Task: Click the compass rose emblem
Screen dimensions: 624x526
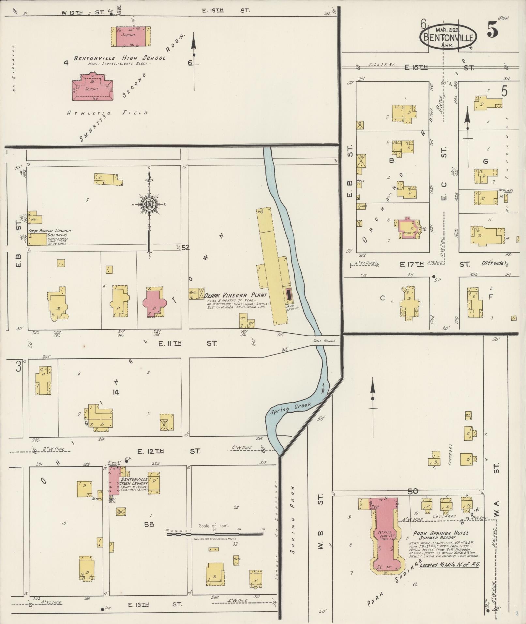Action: [x=149, y=205]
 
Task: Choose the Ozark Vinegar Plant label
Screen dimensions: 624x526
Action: [x=235, y=295]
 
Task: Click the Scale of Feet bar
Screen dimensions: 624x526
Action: [x=215, y=534]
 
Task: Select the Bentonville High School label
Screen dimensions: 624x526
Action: [x=119, y=58]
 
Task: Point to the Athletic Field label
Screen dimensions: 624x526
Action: [x=108, y=113]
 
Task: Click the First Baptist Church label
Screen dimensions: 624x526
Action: [x=50, y=231]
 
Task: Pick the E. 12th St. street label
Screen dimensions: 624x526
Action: [x=169, y=451]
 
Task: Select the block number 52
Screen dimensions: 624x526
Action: [x=186, y=248]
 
